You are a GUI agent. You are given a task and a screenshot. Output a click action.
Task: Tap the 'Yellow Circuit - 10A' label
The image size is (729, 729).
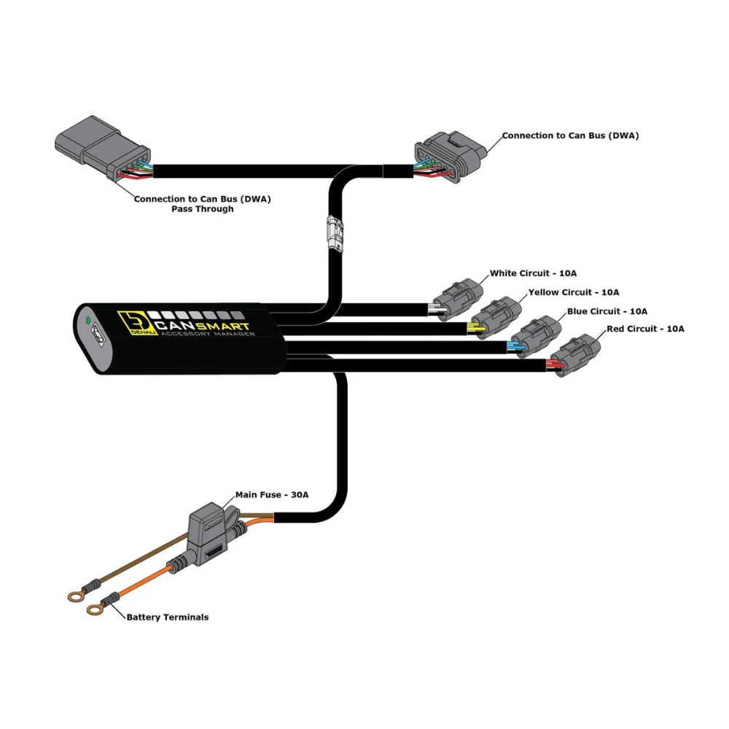pos(573,292)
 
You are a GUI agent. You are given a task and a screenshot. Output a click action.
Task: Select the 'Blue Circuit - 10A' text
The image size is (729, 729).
pos(607,311)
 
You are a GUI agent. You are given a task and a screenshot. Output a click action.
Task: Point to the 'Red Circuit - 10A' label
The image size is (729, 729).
pos(645,329)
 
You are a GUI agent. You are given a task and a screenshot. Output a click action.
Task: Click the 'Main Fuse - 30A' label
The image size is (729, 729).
pos(272,494)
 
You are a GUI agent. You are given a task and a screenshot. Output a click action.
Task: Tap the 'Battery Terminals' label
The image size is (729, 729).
pos(168,617)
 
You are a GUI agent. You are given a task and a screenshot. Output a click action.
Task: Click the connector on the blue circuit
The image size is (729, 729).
pos(537,335)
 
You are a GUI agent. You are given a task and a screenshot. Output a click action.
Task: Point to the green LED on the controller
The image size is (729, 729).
pos(88,319)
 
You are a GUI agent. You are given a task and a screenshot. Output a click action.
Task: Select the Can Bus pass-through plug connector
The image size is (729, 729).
pos(102,150)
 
